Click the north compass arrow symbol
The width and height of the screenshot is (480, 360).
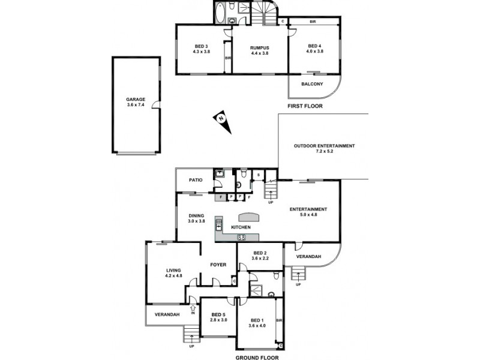point(221,118)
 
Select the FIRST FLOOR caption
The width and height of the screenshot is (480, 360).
point(305,106)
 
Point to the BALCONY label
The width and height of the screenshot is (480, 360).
point(313,84)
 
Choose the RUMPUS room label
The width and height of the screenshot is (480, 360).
point(259,47)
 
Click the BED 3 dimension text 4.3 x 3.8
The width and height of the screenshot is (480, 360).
point(201,52)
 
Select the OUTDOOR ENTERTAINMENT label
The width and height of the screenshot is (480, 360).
point(324,146)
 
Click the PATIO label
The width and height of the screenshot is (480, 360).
point(196,179)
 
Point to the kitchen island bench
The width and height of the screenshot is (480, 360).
point(250,217)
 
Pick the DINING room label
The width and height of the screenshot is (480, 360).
point(196,215)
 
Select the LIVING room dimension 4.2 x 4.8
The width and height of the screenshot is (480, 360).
point(173,276)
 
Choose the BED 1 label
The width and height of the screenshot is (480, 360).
point(259,320)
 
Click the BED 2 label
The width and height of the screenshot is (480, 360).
point(260,253)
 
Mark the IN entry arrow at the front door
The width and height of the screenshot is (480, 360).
point(193,308)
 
